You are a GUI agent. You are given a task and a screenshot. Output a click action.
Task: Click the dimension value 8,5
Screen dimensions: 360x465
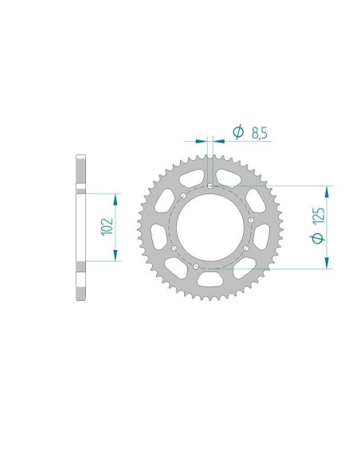point(260,133)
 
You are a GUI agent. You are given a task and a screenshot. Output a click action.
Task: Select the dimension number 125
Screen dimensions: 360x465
point(319,216)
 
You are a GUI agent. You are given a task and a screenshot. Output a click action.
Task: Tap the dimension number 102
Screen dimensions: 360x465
point(108,227)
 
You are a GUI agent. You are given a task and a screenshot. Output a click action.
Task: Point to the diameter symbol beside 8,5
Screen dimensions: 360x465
point(238,132)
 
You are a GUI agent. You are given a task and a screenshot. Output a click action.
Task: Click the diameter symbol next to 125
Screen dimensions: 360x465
point(318,238)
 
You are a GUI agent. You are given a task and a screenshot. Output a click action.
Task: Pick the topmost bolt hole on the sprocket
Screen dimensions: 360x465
point(210,186)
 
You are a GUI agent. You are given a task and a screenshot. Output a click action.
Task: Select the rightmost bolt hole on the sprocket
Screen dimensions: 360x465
point(251,220)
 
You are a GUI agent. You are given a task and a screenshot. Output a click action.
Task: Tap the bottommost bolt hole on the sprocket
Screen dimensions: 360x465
point(196,266)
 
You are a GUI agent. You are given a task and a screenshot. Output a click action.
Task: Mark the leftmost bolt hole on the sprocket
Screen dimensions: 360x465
point(174,248)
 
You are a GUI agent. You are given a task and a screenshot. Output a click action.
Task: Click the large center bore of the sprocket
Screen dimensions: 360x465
point(210,228)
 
